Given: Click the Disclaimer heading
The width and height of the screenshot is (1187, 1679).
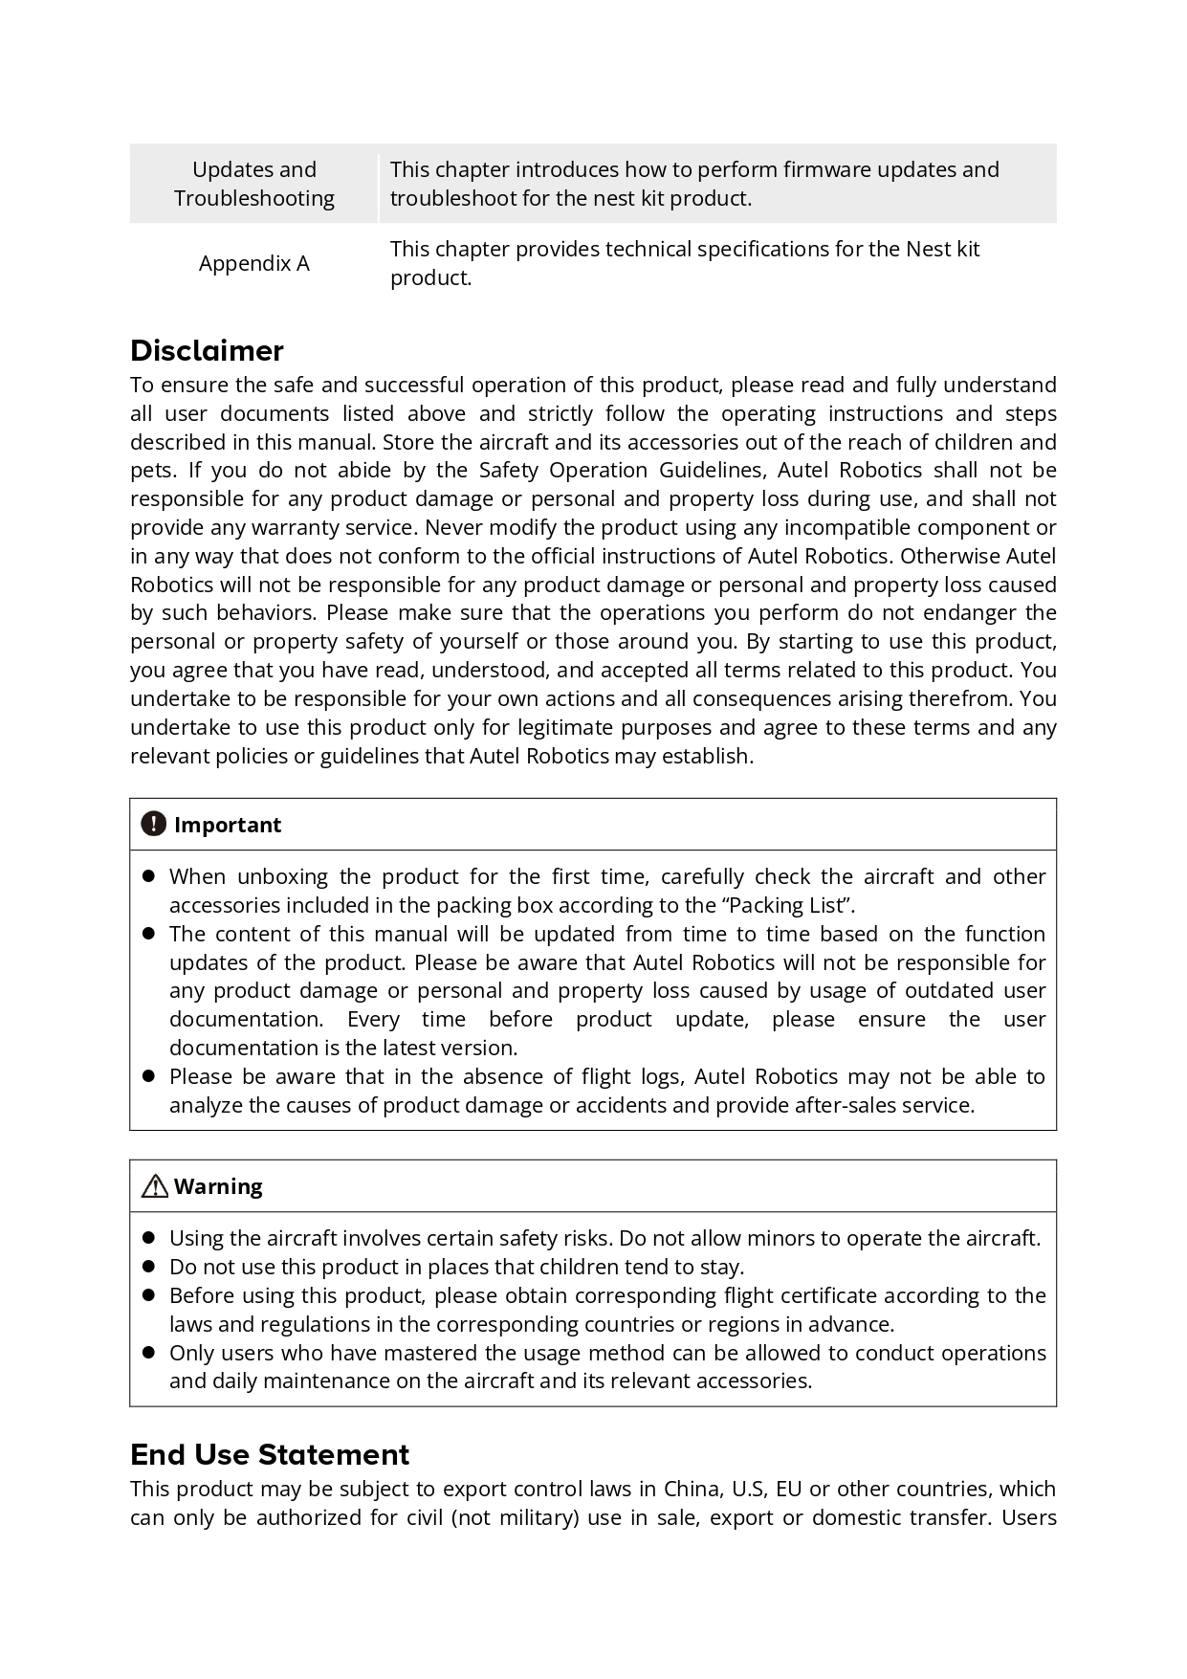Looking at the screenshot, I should (x=207, y=351).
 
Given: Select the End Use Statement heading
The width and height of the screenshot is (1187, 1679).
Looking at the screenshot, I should (x=270, y=1454).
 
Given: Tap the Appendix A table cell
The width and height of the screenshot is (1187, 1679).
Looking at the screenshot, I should (x=253, y=263).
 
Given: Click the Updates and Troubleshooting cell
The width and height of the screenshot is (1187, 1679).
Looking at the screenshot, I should (x=253, y=184).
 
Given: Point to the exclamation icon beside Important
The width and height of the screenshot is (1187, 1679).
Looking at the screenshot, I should (x=153, y=824).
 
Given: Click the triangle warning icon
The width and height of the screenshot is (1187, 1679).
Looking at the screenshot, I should (x=154, y=1186).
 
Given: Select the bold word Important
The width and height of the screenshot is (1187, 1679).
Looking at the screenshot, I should (x=228, y=825).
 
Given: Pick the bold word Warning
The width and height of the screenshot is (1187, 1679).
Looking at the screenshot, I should (x=218, y=1186).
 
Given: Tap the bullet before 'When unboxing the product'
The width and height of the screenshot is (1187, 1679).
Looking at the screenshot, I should (x=148, y=876).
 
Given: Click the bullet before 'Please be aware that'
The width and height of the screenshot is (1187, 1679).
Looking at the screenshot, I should (x=148, y=1076).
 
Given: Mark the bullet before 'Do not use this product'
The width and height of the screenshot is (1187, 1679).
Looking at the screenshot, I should (x=148, y=1267).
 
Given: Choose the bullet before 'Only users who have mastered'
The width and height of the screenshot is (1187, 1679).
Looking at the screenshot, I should (x=148, y=1353).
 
